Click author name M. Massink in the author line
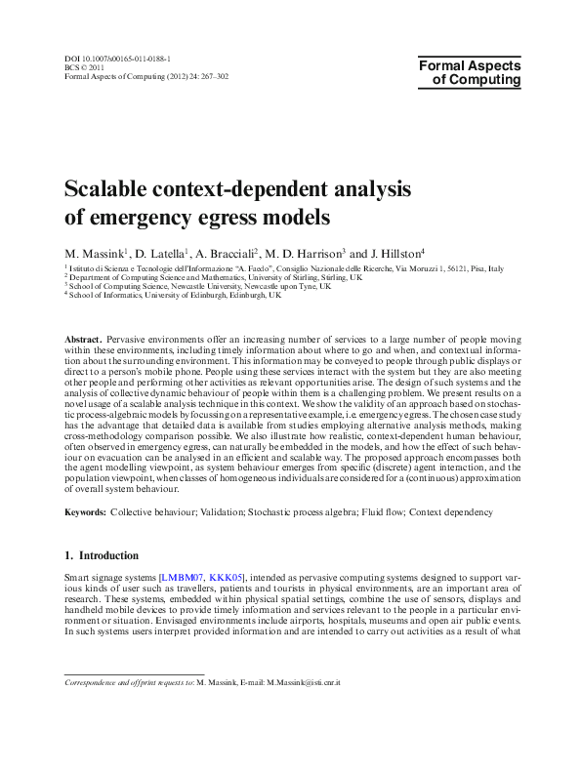pyautogui.click(x=97, y=253)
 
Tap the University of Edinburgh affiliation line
pyautogui.click(x=175, y=295)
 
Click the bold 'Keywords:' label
pyautogui.click(x=85, y=512)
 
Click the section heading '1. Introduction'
pyautogui.click(x=102, y=555)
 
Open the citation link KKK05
pyautogui.click(x=227, y=578)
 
